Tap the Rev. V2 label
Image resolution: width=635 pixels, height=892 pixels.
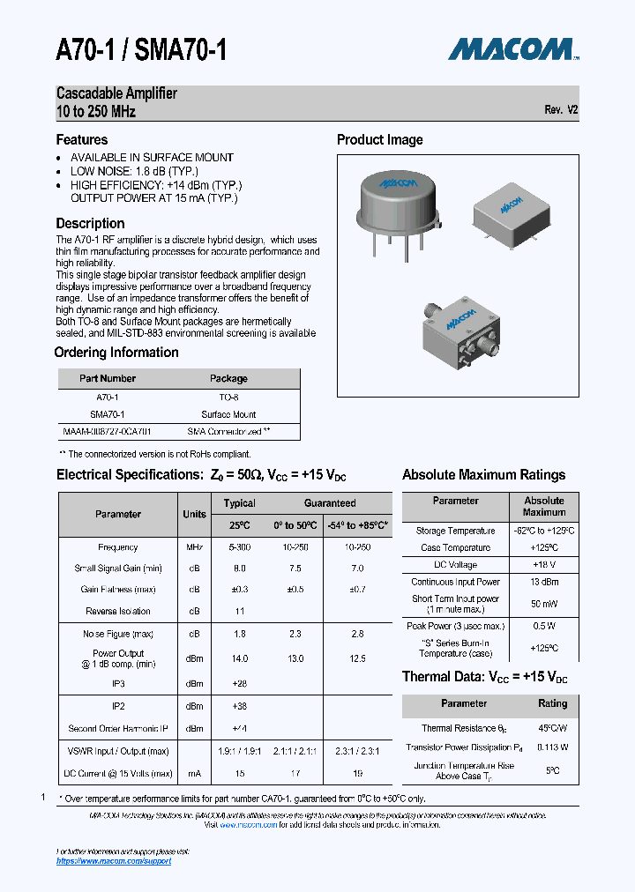[x=561, y=110]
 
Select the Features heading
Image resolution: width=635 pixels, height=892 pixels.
[x=82, y=139]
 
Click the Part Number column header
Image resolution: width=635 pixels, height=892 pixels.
[x=108, y=378]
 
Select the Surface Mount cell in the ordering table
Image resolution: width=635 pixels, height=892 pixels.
[x=228, y=414]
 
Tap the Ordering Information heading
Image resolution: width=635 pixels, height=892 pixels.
[x=116, y=353]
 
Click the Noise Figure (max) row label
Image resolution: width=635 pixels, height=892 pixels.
[x=118, y=634]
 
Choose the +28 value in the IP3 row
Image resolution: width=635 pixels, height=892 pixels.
[x=239, y=683]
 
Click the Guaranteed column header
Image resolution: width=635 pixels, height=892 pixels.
[x=330, y=503]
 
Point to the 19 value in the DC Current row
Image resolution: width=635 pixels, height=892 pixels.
[x=356, y=773]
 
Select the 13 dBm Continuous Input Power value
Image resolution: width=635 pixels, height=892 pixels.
[x=544, y=582]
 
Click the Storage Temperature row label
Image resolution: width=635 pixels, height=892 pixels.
[x=455, y=531]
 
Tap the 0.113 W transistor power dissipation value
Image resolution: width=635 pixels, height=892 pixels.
[x=552, y=747]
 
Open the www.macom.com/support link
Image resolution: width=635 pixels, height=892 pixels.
[x=114, y=860]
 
